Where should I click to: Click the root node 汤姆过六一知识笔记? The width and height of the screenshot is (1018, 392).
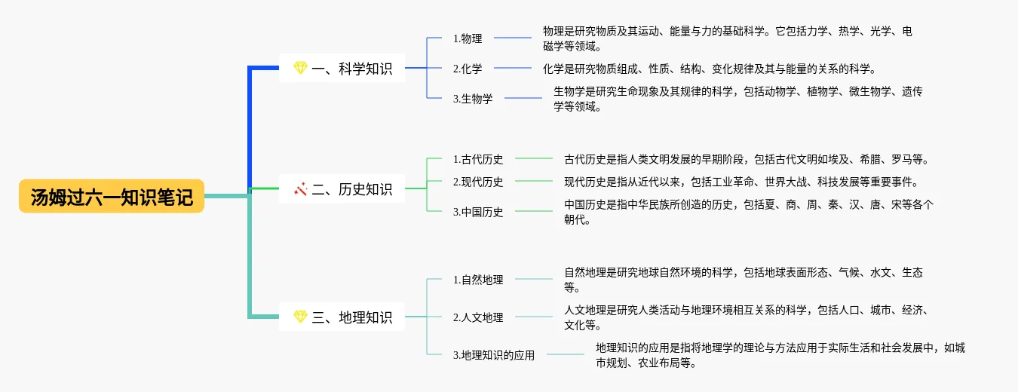click(x=112, y=196)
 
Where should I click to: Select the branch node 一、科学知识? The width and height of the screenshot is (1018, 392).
click(x=342, y=68)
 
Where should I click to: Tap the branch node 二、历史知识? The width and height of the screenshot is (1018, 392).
click(x=342, y=188)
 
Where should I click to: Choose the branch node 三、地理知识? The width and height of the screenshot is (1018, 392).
click(x=342, y=317)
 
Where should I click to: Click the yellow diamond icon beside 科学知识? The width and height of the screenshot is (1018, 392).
click(x=300, y=68)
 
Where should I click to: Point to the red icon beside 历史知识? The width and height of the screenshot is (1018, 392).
click(x=300, y=188)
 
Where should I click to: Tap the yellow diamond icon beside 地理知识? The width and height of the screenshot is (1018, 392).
click(x=300, y=316)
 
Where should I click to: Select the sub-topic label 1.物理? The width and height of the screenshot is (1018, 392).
click(x=468, y=38)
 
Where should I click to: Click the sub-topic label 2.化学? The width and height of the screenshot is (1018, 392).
click(x=468, y=69)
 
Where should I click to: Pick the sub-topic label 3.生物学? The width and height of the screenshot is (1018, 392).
click(x=473, y=99)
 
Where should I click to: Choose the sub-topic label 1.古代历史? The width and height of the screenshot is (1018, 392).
click(x=477, y=159)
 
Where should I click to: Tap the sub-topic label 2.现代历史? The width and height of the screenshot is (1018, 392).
click(x=477, y=182)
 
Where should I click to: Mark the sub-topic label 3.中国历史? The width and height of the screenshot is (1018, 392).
click(x=477, y=212)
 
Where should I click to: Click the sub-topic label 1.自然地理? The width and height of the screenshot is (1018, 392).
click(x=477, y=280)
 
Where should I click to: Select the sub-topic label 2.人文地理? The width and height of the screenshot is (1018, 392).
click(x=477, y=317)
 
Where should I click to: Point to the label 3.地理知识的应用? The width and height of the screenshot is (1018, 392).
click(x=494, y=355)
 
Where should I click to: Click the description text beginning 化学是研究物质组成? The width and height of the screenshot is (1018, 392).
click(x=710, y=69)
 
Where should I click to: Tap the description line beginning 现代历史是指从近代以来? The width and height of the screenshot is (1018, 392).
click(x=741, y=182)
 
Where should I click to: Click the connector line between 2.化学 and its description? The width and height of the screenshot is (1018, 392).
click(x=513, y=68)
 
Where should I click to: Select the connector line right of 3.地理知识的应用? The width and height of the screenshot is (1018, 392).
click(x=566, y=354)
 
